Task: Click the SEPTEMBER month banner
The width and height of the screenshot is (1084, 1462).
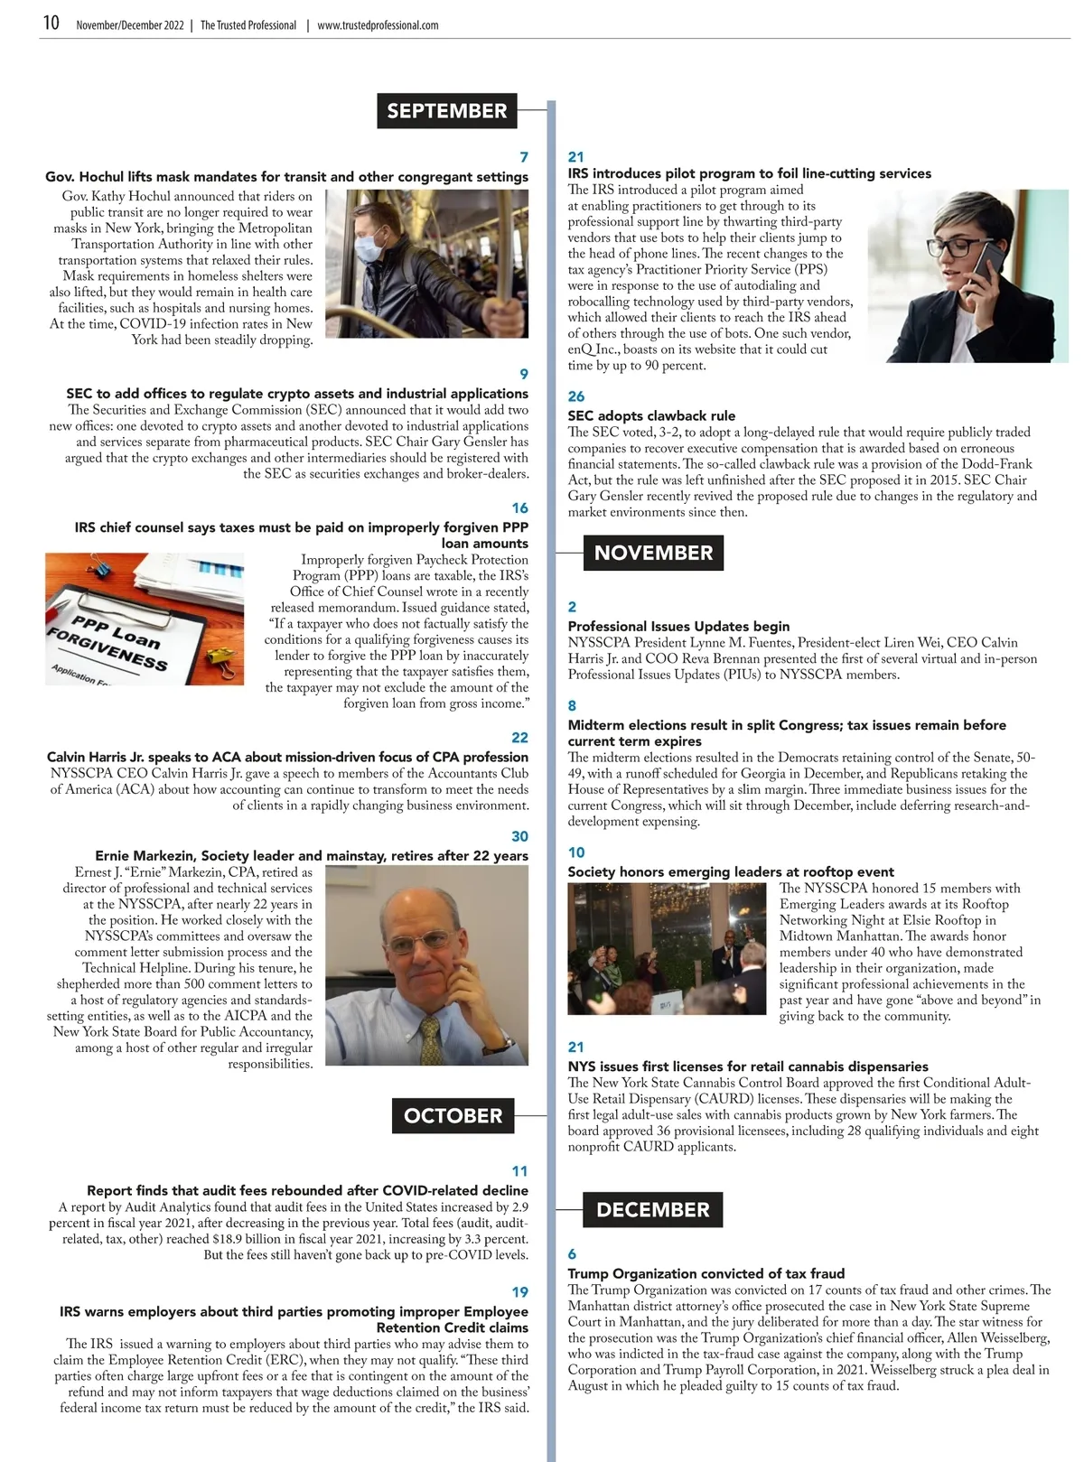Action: (446, 111)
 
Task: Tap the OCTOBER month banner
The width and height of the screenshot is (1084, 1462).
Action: (453, 1116)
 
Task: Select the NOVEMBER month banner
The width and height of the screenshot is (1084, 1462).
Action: (653, 553)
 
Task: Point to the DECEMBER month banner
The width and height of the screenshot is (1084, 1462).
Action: (653, 1210)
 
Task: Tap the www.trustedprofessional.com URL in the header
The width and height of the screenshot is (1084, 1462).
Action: (378, 25)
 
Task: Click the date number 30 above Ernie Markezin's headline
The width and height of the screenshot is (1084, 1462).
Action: (519, 836)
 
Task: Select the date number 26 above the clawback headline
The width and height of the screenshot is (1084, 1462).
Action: (576, 396)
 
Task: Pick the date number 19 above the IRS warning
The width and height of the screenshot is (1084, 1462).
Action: (519, 1292)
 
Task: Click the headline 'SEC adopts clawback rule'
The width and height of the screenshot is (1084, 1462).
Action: (651, 416)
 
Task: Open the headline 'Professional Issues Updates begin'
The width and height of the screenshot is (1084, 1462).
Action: (678, 627)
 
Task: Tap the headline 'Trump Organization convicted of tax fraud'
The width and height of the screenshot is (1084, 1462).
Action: (706, 1274)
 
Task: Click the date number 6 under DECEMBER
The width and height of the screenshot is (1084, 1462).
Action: (572, 1254)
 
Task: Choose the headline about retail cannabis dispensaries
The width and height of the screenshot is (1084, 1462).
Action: (748, 1066)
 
